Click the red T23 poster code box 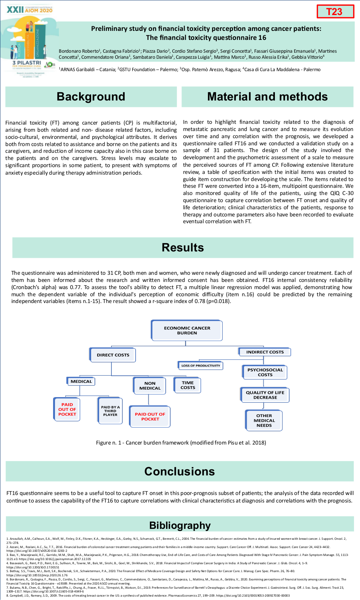tap(335, 11)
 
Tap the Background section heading tap(91, 97)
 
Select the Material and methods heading tap(267, 97)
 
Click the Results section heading tap(183, 247)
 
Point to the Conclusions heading tap(180, 471)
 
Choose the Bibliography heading tap(180, 525)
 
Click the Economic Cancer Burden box tap(187, 330)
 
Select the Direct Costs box tap(113, 355)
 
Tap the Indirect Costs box tap(265, 352)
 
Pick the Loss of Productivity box tap(200, 365)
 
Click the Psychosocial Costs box tap(265, 372)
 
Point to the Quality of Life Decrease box tap(265, 395)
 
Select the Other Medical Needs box tap(264, 420)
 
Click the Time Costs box tap(188, 385)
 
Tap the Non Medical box tap(150, 386)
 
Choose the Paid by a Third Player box tap(110, 411)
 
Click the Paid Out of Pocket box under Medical tap(67, 410)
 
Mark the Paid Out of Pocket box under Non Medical tap(150, 416)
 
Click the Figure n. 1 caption tap(181, 443)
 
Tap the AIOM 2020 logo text tap(38, 10)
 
